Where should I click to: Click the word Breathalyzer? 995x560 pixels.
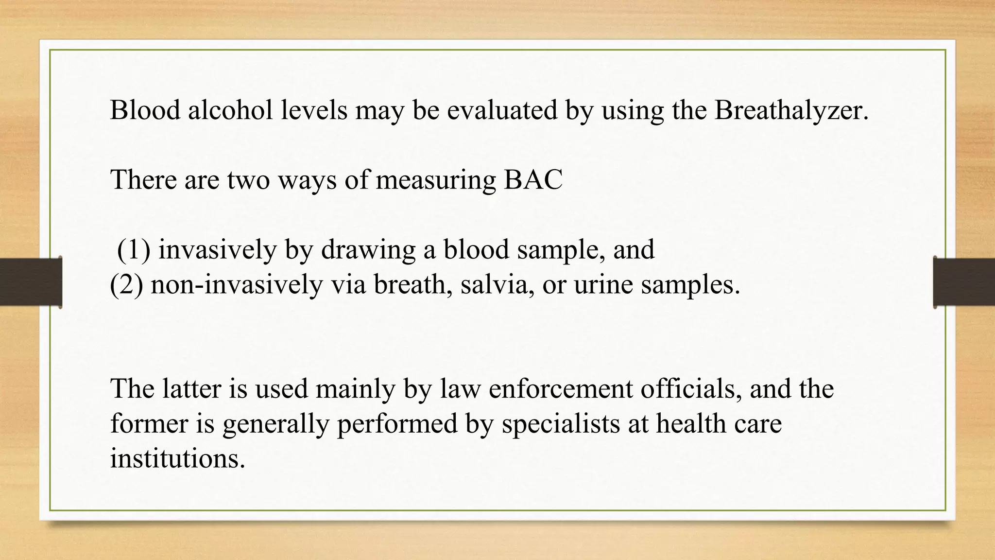tap(791, 110)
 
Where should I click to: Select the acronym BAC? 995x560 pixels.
tap(533, 180)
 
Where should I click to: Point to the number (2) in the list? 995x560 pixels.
tap(126, 285)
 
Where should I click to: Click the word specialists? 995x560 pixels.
tap(561, 424)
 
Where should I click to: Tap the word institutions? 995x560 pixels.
tap(177, 458)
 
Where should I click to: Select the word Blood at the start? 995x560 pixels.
tap(145, 110)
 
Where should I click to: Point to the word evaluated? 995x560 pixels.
tap(502, 110)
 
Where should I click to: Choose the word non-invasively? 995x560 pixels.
tap(237, 285)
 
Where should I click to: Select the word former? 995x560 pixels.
tap(149, 424)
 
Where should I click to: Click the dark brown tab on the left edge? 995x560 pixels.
tap(31, 282)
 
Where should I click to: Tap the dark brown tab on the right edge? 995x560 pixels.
tap(964, 282)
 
